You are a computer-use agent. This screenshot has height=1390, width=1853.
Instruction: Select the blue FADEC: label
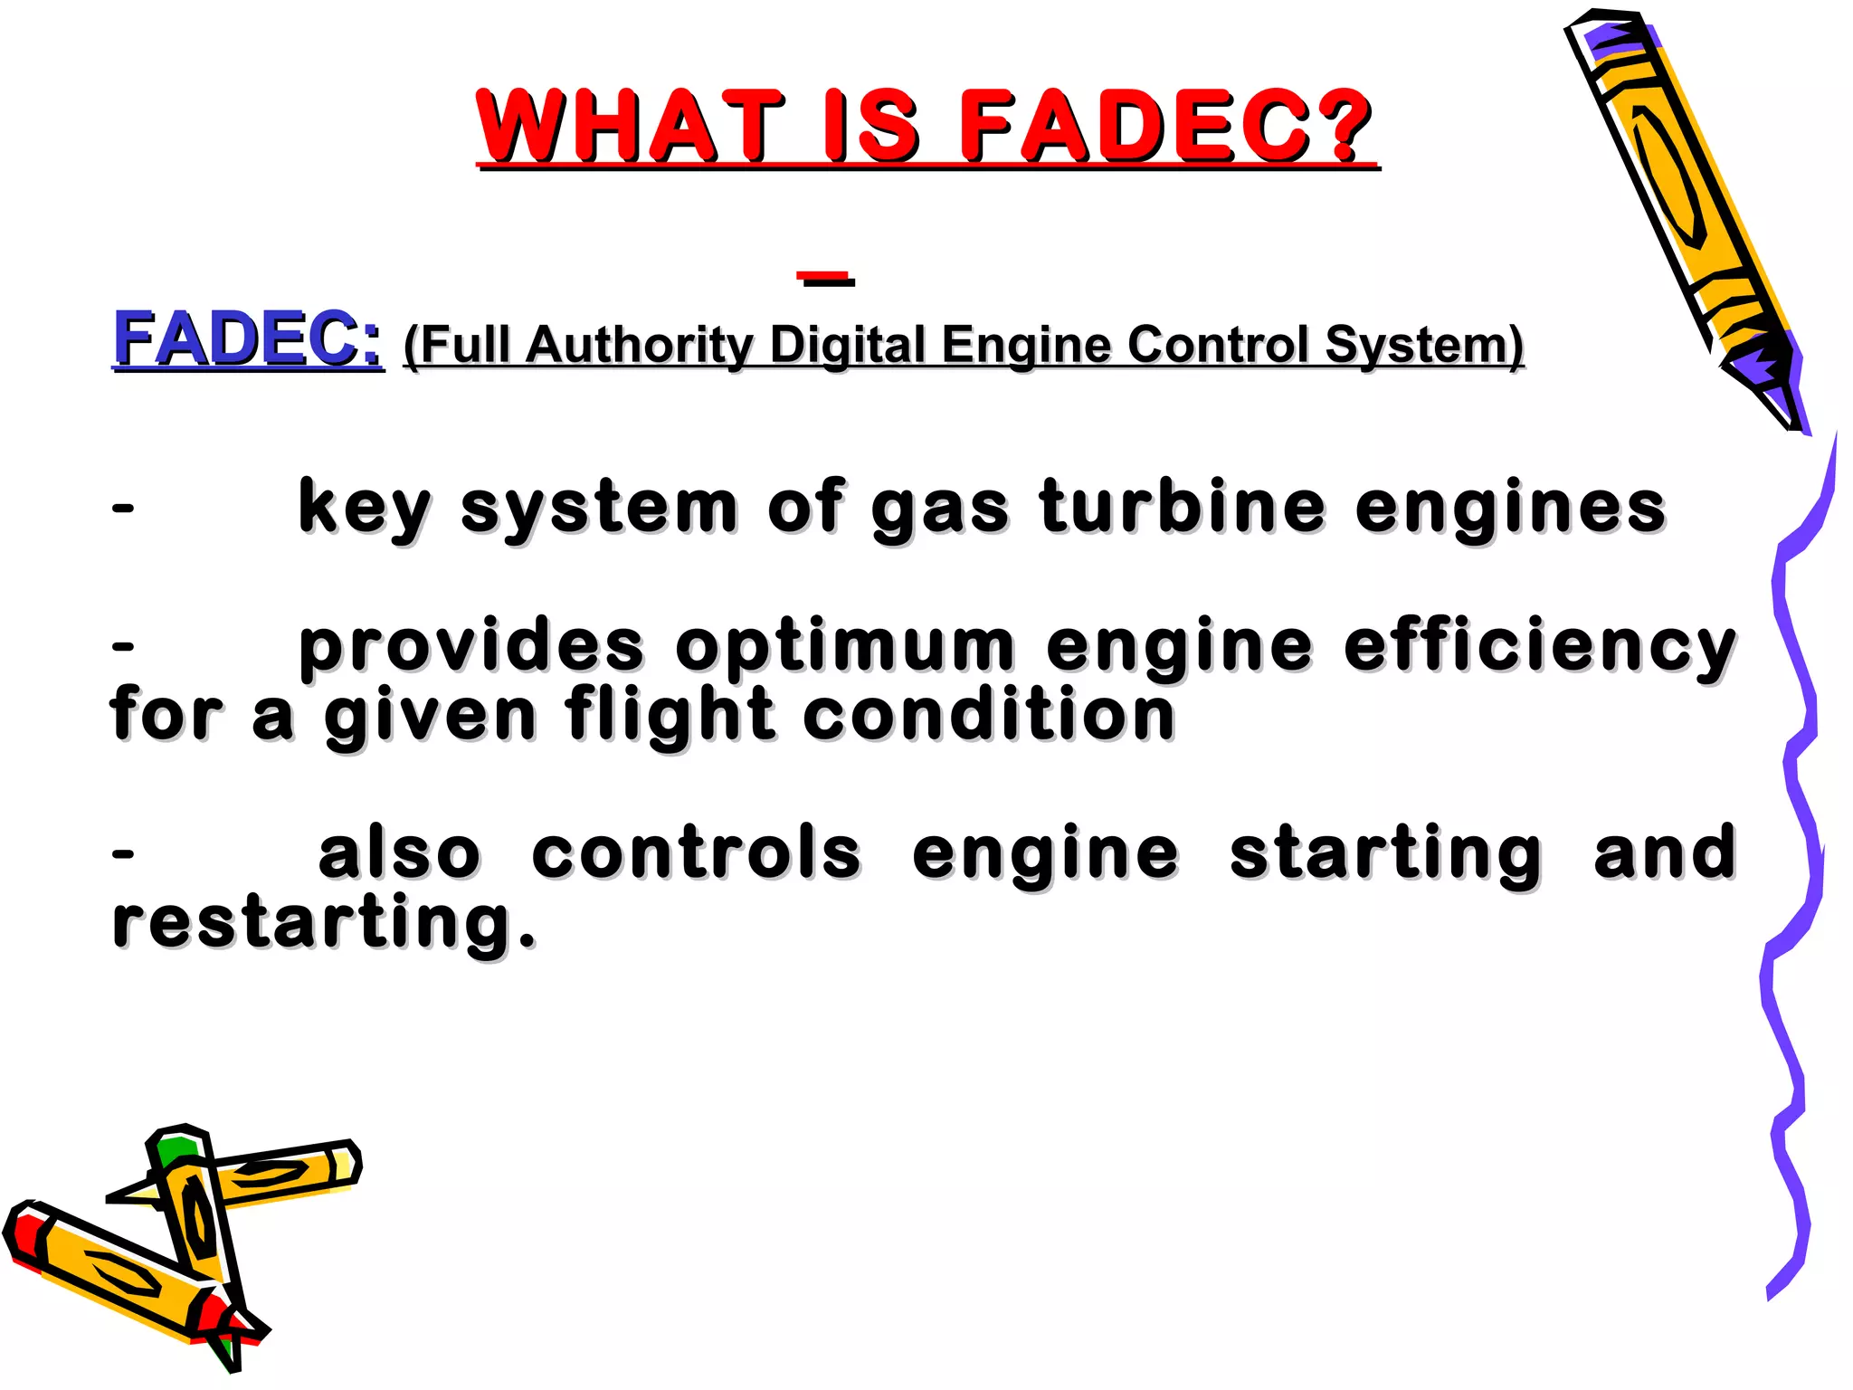247,339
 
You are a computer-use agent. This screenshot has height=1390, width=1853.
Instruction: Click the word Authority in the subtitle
639,346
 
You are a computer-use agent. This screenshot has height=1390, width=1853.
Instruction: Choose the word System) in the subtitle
1424,346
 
